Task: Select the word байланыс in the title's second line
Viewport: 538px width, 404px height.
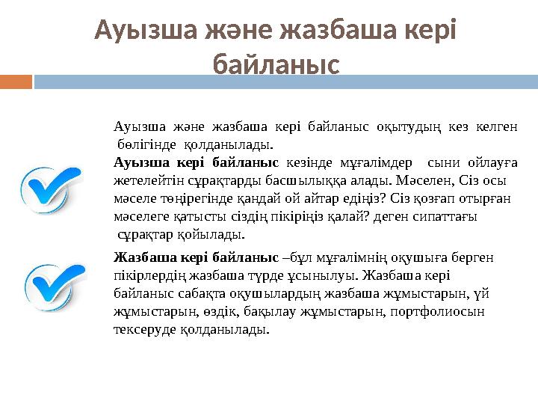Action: (x=276, y=64)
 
